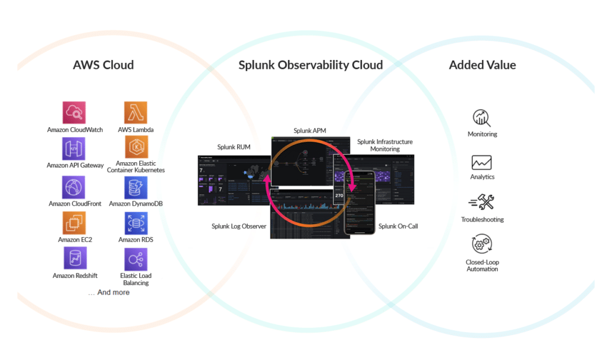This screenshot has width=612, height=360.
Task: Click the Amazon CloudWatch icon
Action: [75, 113]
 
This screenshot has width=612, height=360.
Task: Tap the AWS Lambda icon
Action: [135, 113]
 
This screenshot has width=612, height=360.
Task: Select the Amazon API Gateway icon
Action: [75, 149]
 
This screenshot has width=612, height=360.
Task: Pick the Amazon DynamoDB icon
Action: [135, 187]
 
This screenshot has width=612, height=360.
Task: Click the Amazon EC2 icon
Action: [75, 223]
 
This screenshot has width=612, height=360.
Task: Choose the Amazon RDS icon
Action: [135, 223]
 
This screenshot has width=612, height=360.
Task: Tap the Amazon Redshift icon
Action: [75, 259]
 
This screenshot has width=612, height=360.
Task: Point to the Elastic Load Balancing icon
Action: [135, 259]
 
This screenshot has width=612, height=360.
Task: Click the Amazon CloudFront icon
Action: [75, 187]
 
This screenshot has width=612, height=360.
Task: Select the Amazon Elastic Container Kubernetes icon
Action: [135, 147]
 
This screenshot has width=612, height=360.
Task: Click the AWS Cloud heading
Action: [103, 65]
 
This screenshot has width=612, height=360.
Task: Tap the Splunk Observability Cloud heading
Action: [311, 65]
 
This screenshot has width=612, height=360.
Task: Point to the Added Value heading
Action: [482, 65]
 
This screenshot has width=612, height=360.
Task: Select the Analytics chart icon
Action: [482, 162]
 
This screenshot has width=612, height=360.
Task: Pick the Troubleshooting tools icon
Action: [482, 203]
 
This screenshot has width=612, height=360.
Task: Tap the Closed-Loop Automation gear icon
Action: [482, 244]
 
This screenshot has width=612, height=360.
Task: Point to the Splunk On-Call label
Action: [398, 226]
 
